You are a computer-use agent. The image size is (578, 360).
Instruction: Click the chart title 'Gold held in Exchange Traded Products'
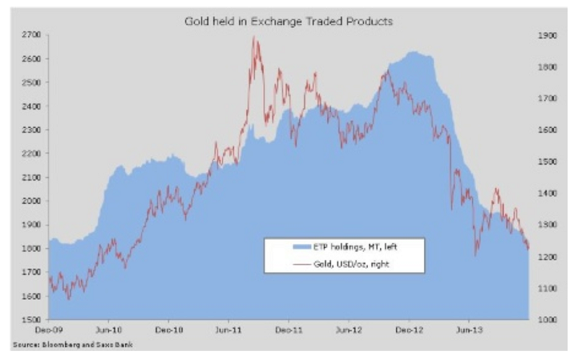[x=288, y=21]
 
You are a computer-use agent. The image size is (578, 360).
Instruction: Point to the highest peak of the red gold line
[x=254, y=37]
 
